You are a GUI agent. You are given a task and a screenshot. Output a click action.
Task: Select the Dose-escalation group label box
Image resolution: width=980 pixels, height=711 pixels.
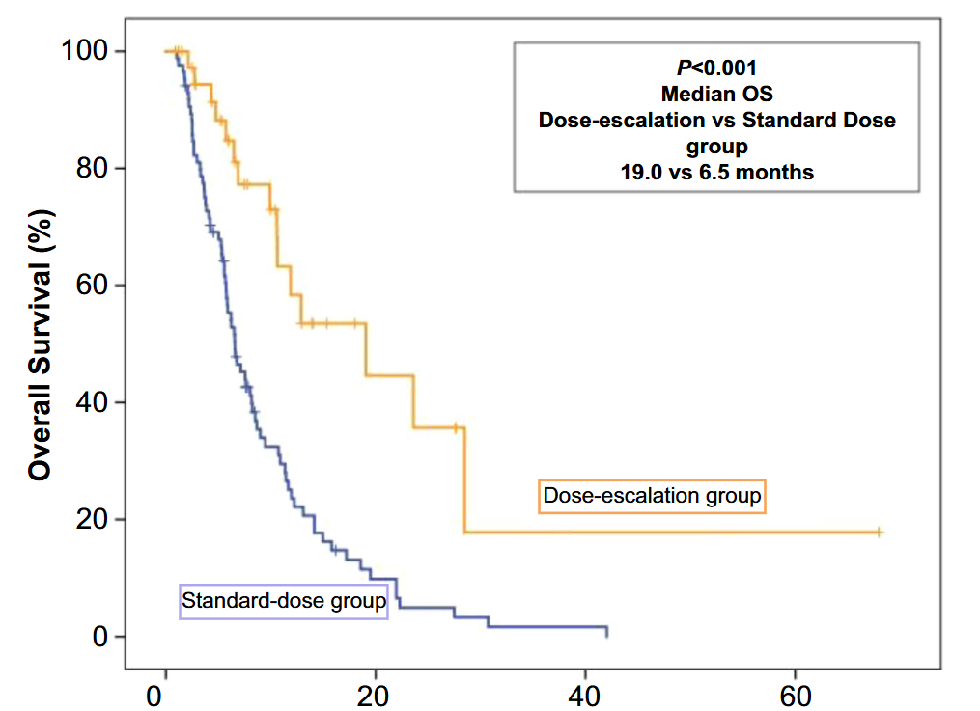point(653,496)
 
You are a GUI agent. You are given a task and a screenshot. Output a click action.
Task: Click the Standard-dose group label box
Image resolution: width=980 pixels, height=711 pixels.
point(284,601)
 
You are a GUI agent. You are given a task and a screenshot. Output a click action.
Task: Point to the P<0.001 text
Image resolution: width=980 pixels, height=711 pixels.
point(716,68)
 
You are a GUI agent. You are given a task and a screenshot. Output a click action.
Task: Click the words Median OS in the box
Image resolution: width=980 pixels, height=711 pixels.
point(716,95)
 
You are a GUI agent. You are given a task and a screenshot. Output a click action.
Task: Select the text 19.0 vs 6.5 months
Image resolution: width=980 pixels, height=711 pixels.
point(716,173)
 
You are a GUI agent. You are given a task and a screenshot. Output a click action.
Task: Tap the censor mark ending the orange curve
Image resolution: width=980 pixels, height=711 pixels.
point(879,533)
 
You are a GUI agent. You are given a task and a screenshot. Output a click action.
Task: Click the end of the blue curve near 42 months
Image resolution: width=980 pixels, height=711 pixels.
point(606,632)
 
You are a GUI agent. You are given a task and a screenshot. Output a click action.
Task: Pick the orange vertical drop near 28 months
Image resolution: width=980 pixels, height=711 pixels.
point(464,479)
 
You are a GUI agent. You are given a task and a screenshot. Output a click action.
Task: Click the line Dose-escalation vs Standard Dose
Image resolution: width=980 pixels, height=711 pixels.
point(716,121)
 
